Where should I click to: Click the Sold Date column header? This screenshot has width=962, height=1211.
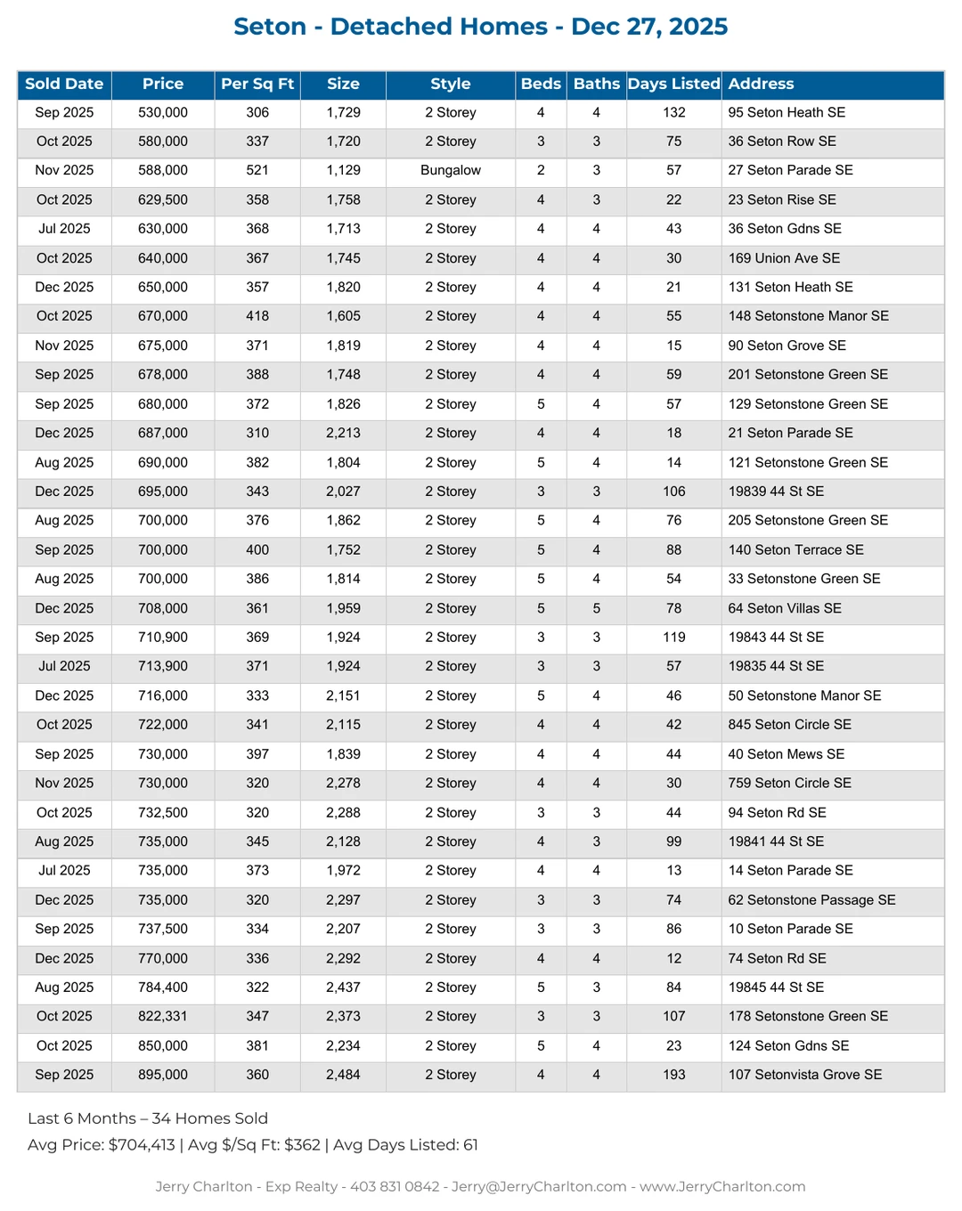click(x=64, y=84)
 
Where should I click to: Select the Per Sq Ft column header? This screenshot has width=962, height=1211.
click(x=257, y=84)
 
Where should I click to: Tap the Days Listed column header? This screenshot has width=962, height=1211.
click(x=673, y=84)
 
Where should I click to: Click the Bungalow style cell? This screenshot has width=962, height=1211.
click(x=450, y=170)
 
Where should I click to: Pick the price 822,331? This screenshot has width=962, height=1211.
click(x=163, y=1016)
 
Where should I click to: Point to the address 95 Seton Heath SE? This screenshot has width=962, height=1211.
click(x=787, y=112)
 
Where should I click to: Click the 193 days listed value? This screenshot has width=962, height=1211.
click(x=673, y=1075)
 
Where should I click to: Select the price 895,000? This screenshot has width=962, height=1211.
click(x=163, y=1075)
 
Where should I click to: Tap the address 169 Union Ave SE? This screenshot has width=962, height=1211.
click(x=784, y=258)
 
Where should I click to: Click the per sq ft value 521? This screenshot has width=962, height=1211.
click(x=257, y=170)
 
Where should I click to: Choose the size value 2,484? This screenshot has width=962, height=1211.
click(x=343, y=1075)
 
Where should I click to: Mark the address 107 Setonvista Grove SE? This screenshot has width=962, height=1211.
click(x=804, y=1075)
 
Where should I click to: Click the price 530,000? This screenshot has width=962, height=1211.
click(x=163, y=112)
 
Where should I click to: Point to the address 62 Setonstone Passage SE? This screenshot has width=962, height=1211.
click(x=811, y=899)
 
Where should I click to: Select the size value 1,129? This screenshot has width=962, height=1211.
click(x=343, y=170)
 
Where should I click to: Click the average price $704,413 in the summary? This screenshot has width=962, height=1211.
click(x=142, y=1144)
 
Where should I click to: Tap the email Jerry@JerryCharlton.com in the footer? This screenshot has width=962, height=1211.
click(x=539, y=1186)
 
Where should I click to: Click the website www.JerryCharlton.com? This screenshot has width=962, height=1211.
click(x=722, y=1186)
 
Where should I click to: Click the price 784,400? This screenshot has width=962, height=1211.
click(x=163, y=987)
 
